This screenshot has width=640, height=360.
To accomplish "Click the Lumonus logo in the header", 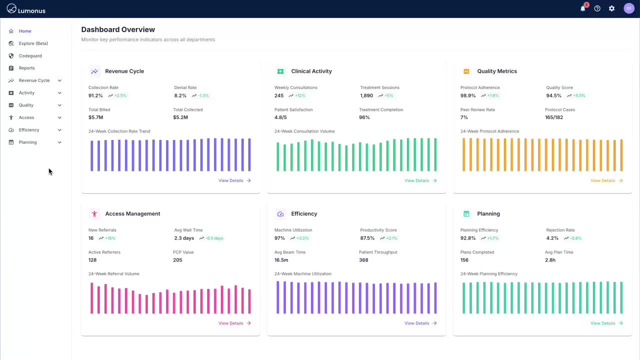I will coord(25,9).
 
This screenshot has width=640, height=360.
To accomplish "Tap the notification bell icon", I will coord(582,8).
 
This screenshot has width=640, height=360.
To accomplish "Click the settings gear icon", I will coord(611,8).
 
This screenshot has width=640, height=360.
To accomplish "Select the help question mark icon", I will coord(597,8).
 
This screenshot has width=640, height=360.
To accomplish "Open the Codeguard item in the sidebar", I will coord(30,56).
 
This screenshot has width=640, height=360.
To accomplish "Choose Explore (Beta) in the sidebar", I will coord(33,43).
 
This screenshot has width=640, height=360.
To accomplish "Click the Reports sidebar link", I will coord(26,68).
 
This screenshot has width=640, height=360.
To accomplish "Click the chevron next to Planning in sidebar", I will coord(59,142).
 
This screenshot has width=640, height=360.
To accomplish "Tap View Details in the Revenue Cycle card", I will coord(234,180).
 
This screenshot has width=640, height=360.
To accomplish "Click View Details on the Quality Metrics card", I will coord(606,180).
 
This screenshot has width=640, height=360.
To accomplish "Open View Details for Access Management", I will coord(234,323).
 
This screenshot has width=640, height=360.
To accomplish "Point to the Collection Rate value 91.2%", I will coord(95,95).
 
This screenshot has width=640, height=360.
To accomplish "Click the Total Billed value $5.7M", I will coord(95,117).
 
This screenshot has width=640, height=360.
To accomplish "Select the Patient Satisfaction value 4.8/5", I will coord(280,117).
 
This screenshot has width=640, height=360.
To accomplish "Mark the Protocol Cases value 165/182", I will coord(554,117).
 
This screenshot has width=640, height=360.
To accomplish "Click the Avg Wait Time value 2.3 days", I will coord(184,238).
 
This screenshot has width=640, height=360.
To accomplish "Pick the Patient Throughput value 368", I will coord(363,260).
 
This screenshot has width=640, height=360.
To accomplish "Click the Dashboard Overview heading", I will coord(118,29).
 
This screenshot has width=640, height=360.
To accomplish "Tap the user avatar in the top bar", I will coord(628,8).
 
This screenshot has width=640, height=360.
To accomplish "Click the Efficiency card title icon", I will coord(280,214).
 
